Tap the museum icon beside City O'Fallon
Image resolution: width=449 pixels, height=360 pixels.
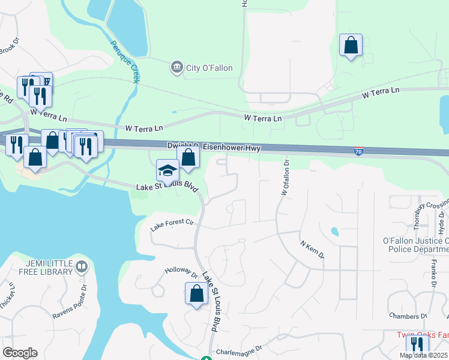point(176,66)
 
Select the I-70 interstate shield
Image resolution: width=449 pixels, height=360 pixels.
point(358,152)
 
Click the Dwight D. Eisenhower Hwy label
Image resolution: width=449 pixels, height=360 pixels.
point(213,147)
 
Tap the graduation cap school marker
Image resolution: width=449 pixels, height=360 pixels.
point(167,170)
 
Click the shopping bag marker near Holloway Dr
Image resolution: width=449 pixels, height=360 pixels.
point(196,294)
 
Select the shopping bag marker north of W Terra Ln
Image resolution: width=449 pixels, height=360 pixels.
point(351,45)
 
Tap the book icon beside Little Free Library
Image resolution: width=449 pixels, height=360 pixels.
point(82,266)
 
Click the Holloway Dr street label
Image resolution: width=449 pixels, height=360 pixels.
point(181,274)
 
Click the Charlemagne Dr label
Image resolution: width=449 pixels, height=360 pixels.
point(240,349)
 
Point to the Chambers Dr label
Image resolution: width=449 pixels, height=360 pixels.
point(408,316)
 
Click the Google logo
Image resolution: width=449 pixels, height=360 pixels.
point(20,353)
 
